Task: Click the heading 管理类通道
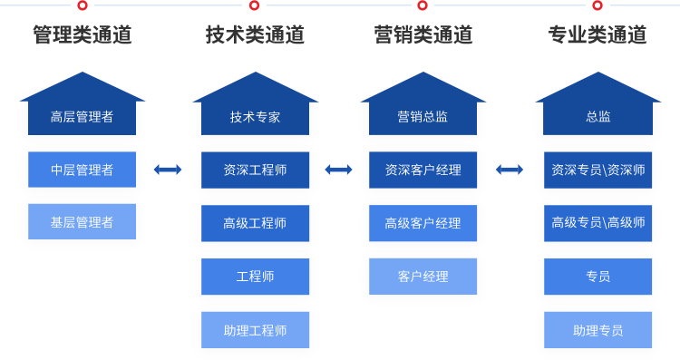coord(82,35)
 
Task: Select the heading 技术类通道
coord(255,35)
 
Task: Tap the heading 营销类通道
coord(423,35)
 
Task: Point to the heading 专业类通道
coord(597,35)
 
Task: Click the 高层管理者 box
coord(82,116)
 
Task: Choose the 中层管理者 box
coord(82,170)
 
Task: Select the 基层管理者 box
coord(82,222)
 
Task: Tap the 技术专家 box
coord(255,116)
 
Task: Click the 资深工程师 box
coord(255,170)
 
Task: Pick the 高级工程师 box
coord(255,223)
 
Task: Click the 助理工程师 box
coord(255,330)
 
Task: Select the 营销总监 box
coord(423,116)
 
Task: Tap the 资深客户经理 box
coord(423,170)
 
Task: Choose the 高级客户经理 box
coord(423,223)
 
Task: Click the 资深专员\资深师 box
coord(597,170)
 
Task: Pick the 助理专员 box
coord(597,330)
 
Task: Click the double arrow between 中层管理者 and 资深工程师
coord(168,170)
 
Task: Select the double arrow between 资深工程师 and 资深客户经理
coord(338,170)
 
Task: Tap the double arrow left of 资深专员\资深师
coord(510,170)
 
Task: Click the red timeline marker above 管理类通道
coord(83,5)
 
